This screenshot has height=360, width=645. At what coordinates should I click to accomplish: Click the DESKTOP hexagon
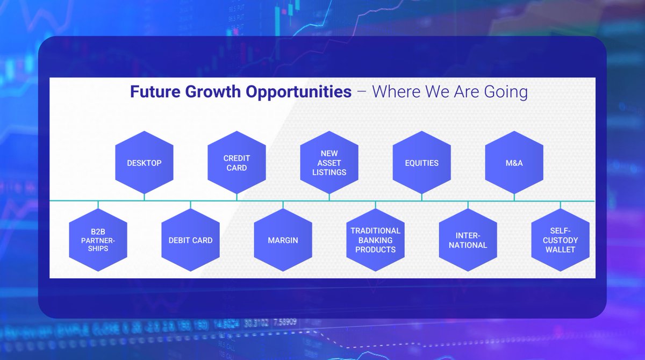click(x=144, y=163)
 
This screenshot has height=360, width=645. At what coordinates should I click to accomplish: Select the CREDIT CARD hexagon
click(x=236, y=163)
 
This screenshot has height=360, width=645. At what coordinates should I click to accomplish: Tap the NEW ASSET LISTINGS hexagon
click(x=329, y=163)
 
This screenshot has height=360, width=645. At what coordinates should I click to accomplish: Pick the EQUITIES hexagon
click(x=422, y=163)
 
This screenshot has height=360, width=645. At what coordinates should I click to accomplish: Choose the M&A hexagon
click(x=514, y=163)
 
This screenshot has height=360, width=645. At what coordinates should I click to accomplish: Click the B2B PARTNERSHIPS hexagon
click(x=98, y=240)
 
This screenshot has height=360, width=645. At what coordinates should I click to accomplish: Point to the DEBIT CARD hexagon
click(x=191, y=240)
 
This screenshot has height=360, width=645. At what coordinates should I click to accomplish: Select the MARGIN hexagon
click(x=283, y=240)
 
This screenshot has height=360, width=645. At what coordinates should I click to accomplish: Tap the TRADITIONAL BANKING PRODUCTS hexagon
click(x=376, y=240)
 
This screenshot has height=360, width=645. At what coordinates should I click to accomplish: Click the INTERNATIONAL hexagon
click(x=468, y=240)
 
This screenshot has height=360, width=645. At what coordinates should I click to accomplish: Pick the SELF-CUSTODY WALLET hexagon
click(x=560, y=240)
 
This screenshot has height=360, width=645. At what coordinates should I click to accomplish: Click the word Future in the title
click(x=155, y=91)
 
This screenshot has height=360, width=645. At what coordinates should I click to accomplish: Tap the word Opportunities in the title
click(x=299, y=92)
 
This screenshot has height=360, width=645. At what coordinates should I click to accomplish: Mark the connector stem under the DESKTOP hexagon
click(x=144, y=197)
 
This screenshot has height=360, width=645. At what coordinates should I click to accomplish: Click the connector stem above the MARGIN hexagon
click(x=283, y=205)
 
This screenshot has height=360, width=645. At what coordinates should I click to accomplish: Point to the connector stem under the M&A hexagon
click(x=514, y=197)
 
